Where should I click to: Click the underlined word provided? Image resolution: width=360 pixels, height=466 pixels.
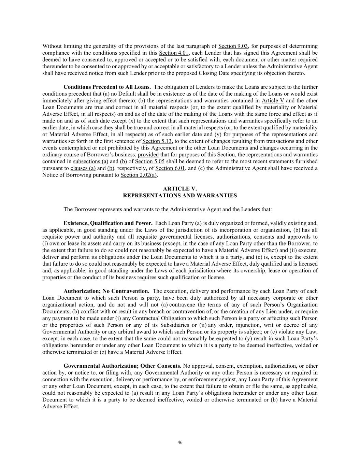148,155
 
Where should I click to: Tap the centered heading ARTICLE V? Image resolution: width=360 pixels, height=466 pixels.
180,189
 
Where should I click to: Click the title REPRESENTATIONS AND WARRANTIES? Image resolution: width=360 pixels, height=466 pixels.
180,196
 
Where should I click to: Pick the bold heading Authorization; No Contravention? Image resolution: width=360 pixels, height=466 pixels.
106,291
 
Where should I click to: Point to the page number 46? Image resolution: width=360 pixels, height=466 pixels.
180,442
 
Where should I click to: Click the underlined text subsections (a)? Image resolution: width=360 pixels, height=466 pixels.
90,161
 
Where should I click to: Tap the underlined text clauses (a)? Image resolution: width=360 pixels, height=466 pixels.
83,168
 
